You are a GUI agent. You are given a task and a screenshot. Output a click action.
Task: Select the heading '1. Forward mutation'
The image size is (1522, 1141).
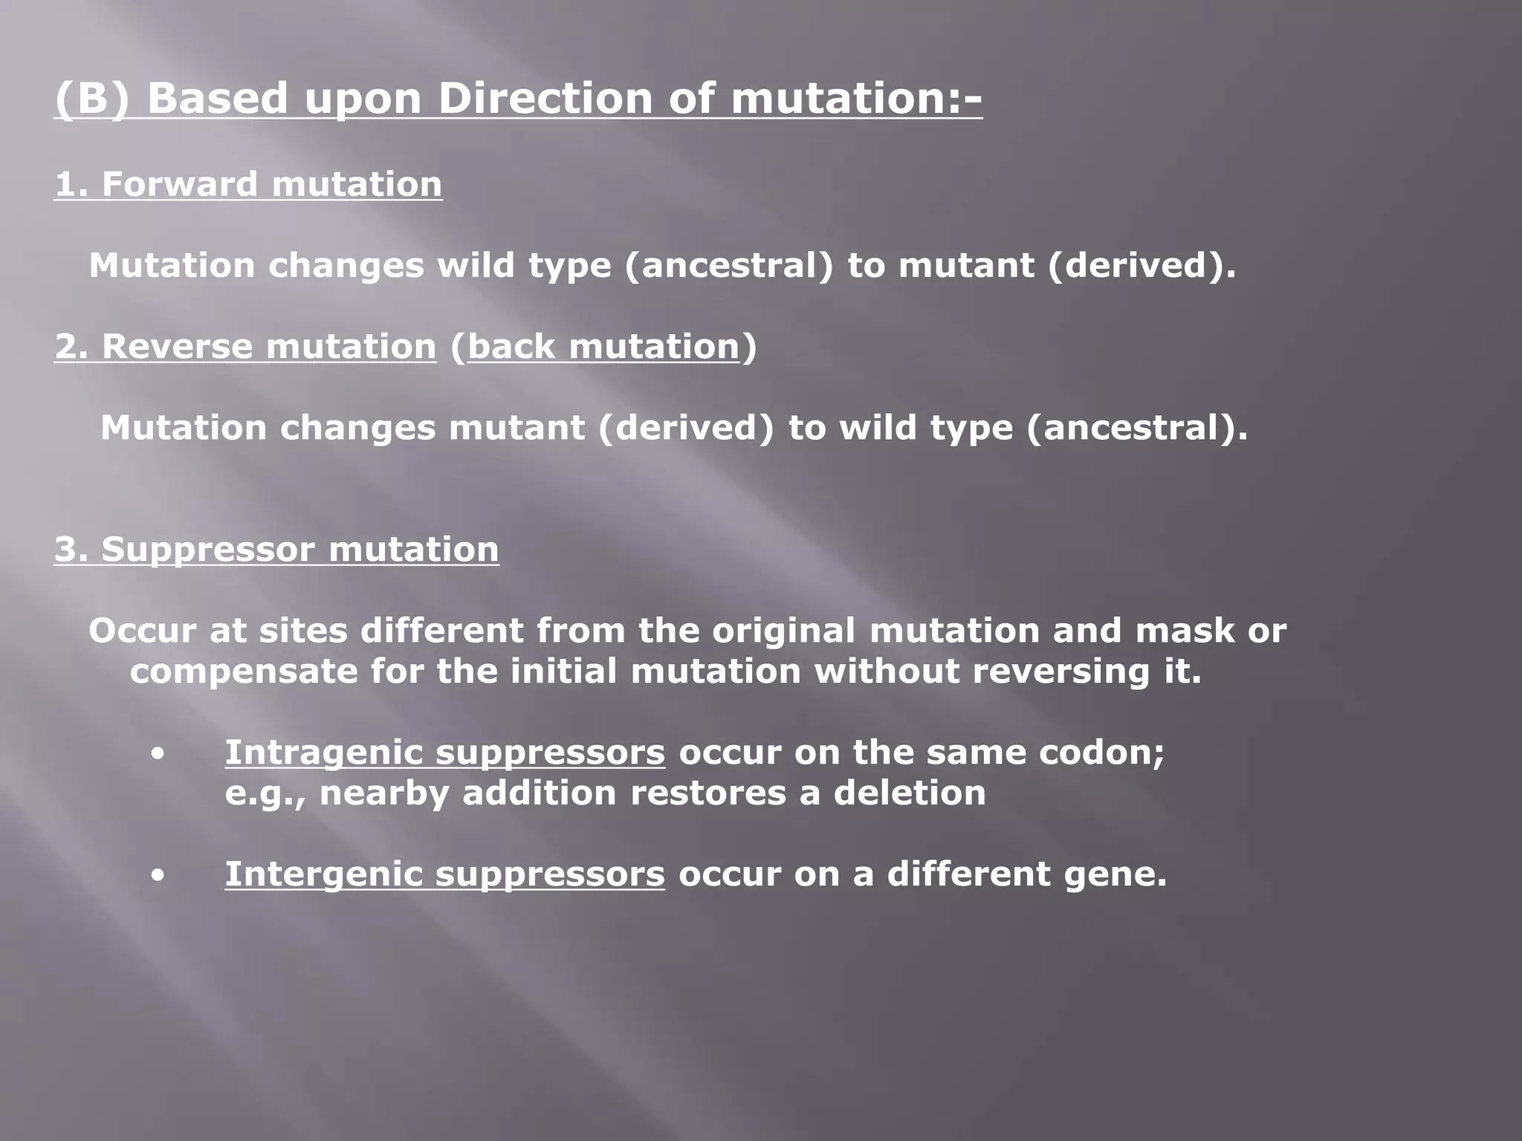click(248, 183)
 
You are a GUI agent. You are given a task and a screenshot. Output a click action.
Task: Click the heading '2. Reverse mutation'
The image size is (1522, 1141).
click(245, 346)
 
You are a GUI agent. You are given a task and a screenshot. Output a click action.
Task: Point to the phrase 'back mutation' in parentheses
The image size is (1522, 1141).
click(603, 346)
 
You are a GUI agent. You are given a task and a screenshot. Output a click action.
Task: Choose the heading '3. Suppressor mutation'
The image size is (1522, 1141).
click(276, 549)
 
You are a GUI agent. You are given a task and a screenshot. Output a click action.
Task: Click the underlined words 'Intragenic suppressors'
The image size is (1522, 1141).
click(444, 752)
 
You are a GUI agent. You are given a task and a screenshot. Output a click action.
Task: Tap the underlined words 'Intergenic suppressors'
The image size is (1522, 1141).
click(444, 874)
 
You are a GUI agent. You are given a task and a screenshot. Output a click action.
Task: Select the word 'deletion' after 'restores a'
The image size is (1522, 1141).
click(910, 793)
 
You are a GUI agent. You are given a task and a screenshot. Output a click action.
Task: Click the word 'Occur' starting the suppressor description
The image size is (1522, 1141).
click(142, 631)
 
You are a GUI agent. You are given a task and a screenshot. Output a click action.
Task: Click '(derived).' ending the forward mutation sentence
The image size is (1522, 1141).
click(1141, 265)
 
